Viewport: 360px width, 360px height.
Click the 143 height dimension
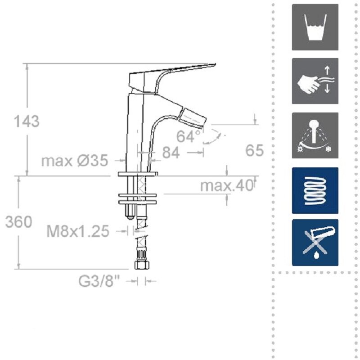click(x=27, y=121)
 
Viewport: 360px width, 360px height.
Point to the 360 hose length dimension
click(x=18, y=222)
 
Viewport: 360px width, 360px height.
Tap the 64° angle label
click(x=189, y=136)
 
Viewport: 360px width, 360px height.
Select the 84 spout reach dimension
click(x=171, y=153)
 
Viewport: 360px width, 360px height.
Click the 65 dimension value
click(x=254, y=151)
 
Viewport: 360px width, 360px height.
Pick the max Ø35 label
click(x=75, y=161)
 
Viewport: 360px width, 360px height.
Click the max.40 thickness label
click(x=227, y=185)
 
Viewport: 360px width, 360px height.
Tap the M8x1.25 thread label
click(x=78, y=231)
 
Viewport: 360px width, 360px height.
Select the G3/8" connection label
click(x=99, y=281)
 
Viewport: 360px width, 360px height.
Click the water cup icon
click(x=315, y=27)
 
